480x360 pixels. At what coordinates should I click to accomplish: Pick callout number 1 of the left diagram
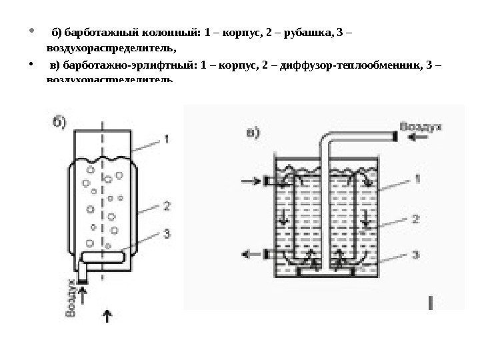coord(167,139)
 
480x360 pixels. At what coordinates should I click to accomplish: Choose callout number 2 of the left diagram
coord(167,207)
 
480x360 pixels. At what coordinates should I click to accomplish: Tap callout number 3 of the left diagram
coord(167,233)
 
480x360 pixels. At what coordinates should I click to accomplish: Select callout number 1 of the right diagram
coord(415,178)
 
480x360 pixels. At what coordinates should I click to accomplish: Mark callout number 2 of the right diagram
coord(415,217)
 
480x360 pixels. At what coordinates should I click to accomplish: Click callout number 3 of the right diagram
coord(415,254)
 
